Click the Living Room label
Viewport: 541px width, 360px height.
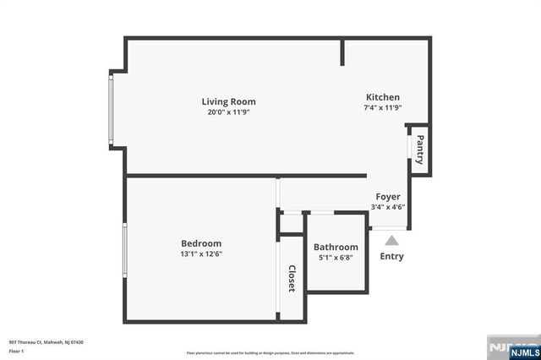[228, 101]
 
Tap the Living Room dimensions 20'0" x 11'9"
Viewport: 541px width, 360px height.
[228, 112]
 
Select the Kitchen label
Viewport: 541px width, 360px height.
[382, 97]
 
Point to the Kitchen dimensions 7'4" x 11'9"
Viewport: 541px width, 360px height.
[382, 107]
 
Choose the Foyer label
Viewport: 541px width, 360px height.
[388, 197]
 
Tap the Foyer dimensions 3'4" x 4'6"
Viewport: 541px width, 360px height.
[388, 207]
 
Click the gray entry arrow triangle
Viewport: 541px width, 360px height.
[391, 241]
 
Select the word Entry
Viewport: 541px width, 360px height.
[391, 256]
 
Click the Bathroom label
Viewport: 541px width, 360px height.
[336, 247]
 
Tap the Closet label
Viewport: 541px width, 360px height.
[292, 278]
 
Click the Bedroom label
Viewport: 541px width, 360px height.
[201, 243]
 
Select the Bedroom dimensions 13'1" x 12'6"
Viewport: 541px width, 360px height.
[201, 254]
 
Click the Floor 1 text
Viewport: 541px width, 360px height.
[17, 350]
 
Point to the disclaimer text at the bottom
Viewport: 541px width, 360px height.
[270, 352]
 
